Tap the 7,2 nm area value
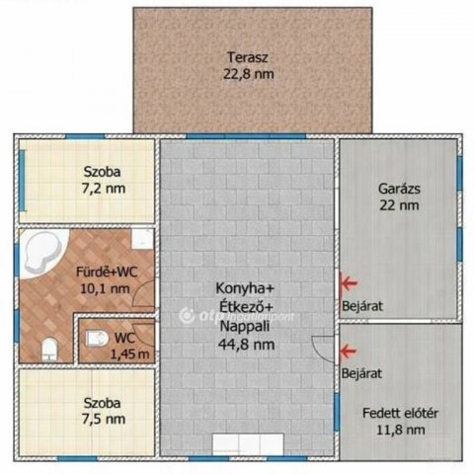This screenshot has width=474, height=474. coord(102,187)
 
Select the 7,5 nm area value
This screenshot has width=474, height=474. coord(102,419)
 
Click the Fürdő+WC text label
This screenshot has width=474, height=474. coord(105,273)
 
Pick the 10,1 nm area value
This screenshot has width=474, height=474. coord(105,288)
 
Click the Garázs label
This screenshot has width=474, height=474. coord(399,188)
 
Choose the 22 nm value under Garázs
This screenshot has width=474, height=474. coord(399,205)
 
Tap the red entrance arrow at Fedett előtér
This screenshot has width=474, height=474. coord(347,350)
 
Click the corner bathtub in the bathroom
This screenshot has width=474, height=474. coord(42,253)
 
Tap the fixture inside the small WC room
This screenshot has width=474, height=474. coord(97,338)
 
